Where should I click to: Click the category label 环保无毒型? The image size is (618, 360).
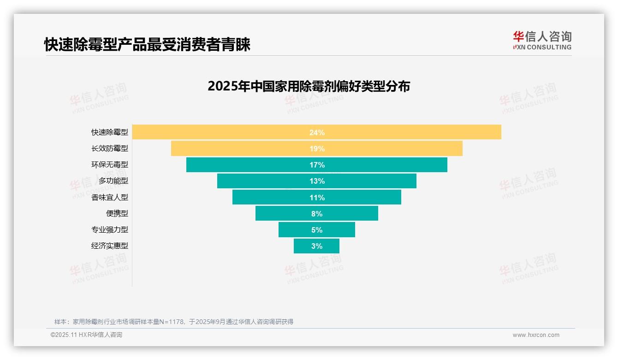click(110, 165)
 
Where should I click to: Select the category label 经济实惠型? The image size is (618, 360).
click(110, 246)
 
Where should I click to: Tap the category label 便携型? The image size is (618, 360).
click(117, 214)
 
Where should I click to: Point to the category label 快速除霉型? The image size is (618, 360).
click(110, 132)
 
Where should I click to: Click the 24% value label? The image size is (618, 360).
click(317, 132)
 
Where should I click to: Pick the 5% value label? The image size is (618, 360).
click(317, 230)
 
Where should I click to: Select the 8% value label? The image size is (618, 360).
click(317, 214)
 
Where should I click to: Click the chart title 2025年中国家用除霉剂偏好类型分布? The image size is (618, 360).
click(309, 86)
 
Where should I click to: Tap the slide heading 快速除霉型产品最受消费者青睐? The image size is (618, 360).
click(147, 45)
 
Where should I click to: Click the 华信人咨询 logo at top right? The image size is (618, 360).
click(542, 41)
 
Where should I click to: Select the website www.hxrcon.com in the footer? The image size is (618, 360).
click(536, 335)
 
